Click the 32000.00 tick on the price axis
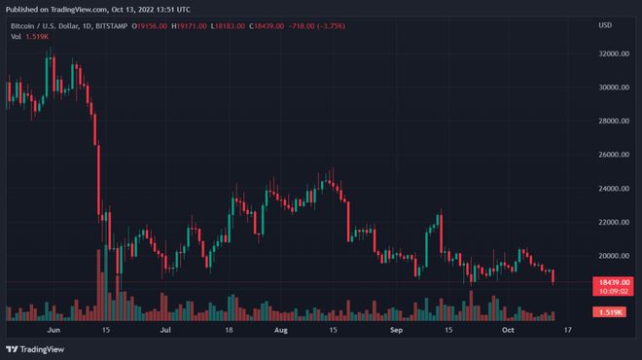point(611,54)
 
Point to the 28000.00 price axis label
point(611,122)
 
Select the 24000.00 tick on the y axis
point(611,189)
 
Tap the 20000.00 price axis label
point(611,256)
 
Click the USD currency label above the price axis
point(605,24)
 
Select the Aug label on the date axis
point(281,330)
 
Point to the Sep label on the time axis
point(396,330)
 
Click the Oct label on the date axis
point(506,330)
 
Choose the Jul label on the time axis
point(166,330)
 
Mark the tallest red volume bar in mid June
point(99,284)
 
